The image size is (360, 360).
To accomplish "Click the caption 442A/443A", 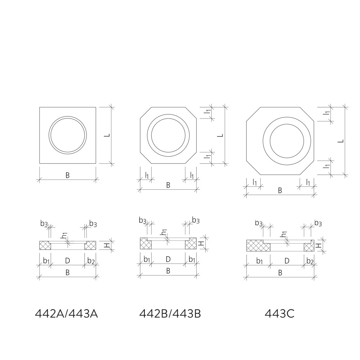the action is coord(66,314).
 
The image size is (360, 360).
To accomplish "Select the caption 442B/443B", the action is coord(170,314).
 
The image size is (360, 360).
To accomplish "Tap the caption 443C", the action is coord(279,314).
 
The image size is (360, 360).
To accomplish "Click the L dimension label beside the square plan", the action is coord(107,135).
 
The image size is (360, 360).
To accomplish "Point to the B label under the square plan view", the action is coord(68,175).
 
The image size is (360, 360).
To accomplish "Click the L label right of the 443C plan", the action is coord(341,141).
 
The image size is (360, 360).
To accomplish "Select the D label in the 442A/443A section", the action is coord(68,261).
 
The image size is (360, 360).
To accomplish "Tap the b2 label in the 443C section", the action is coord(310,261).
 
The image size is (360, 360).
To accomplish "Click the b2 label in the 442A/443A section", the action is coord(91,261).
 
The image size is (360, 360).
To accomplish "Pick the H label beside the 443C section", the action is coord(318,246).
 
